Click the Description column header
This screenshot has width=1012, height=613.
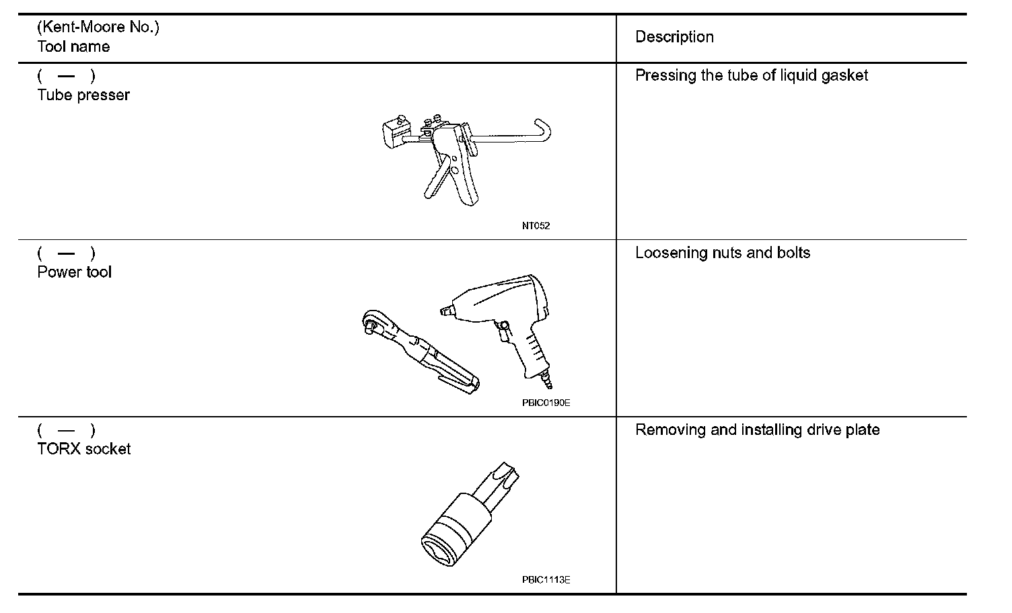click(x=674, y=37)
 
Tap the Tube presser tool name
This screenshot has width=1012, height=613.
click(x=83, y=95)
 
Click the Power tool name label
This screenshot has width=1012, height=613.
click(x=75, y=272)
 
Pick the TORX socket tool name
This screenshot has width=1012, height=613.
click(x=84, y=449)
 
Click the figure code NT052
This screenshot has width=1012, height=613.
click(x=536, y=226)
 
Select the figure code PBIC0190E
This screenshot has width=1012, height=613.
click(x=546, y=403)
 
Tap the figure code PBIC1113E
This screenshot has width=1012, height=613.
click(x=546, y=579)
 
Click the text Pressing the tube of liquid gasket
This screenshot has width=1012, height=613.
click(x=752, y=75)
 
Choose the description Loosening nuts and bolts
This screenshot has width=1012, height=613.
click(x=723, y=253)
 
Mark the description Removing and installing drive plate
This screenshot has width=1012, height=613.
click(x=757, y=430)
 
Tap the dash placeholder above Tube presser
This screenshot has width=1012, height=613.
click(x=66, y=77)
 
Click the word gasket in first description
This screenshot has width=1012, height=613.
click(x=844, y=75)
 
